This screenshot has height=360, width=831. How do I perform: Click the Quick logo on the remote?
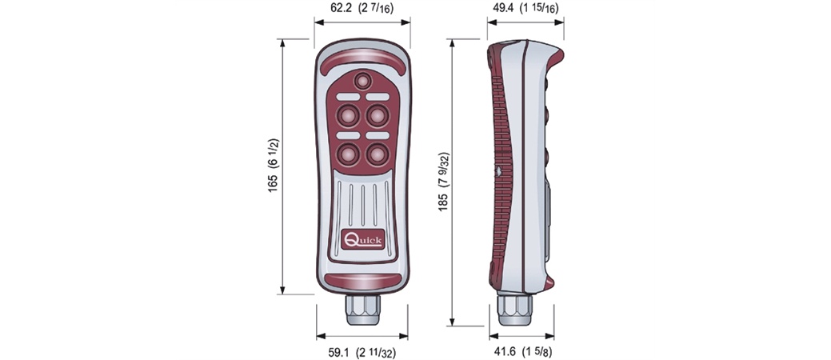pos(363,240)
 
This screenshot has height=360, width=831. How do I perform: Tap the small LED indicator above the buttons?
pos(363,81)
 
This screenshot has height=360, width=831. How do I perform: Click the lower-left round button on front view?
pos(348,154)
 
